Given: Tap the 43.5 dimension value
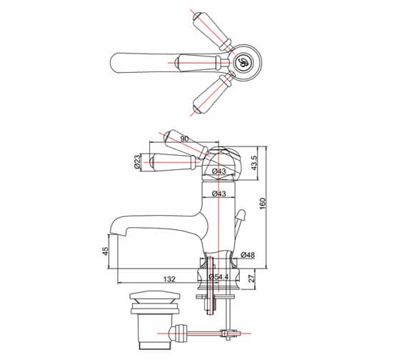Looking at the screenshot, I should pyautogui.click(x=253, y=162).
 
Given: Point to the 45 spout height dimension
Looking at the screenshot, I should pyautogui.click(x=106, y=251).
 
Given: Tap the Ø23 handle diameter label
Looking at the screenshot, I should pyautogui.click(x=137, y=163).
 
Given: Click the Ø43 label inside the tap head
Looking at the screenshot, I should pyautogui.click(x=218, y=171).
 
